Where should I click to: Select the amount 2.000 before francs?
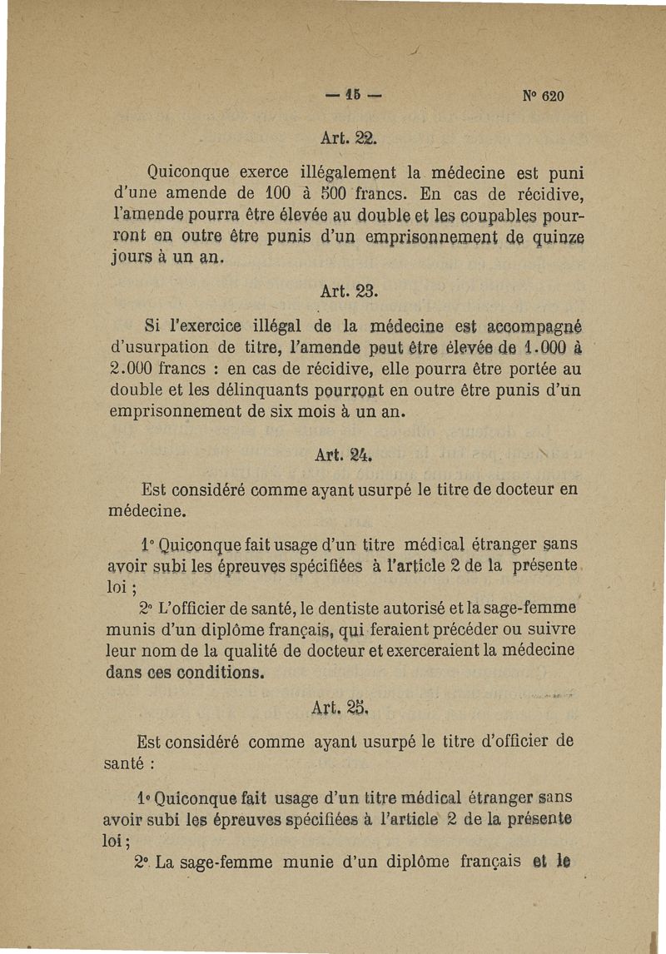[x=136, y=367]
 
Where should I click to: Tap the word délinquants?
[x=263, y=389]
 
